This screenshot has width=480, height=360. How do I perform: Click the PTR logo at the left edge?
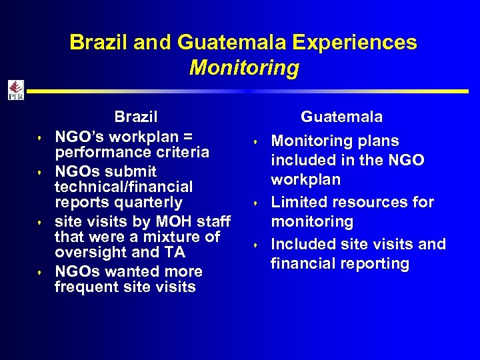[x=15, y=90]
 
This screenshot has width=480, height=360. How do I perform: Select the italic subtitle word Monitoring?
[x=244, y=68]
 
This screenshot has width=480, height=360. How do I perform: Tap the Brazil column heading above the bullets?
[x=136, y=117]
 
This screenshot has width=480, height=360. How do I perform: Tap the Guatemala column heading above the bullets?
[x=341, y=117]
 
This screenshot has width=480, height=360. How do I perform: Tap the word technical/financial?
[x=123, y=187]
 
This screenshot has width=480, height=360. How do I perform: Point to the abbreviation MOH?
[x=172, y=221]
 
